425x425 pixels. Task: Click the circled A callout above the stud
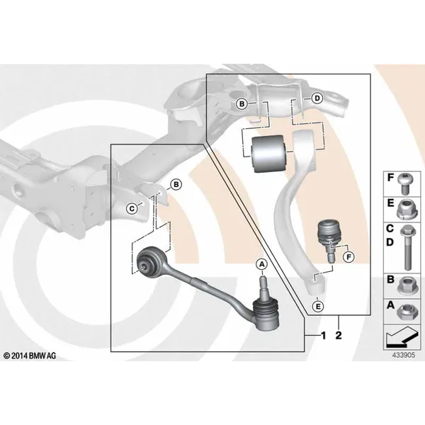coord(261,264)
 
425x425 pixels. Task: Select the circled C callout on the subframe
coord(132,209)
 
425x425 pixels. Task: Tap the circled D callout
coord(317,98)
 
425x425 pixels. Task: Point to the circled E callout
coord(317,306)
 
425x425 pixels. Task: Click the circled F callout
coord(348,256)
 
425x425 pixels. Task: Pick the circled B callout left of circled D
coord(242,104)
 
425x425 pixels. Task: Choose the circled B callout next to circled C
coord(176,185)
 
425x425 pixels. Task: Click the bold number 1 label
coord(323,336)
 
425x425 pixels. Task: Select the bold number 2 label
coord(339,336)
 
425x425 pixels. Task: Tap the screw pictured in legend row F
coord(404,183)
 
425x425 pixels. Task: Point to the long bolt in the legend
coord(407,247)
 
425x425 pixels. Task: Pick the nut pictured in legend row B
coord(404,286)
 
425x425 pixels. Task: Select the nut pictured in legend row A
coord(404,312)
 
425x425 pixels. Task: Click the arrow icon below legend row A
coord(401,337)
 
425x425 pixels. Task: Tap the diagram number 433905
coord(404,355)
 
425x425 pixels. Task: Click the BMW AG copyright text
coord(30,356)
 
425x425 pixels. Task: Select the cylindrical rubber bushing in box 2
coord(268,154)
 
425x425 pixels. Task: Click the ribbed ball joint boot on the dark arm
coord(266,314)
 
